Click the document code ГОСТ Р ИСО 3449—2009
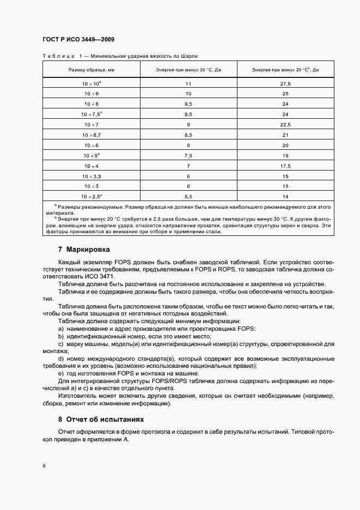[x=78, y=40]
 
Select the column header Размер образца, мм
[x=91, y=70]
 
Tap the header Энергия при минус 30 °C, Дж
[x=188, y=70]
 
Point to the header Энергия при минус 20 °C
[x=285, y=70]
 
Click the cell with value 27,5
[x=285, y=84]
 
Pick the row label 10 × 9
[x=91, y=94]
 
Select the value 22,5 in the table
[x=285, y=125]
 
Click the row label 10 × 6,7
[x=91, y=135]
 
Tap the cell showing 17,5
[x=285, y=166]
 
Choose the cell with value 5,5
[x=188, y=196]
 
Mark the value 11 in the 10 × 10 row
[x=188, y=84]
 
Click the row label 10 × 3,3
[x=91, y=176]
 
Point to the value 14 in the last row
[x=285, y=196]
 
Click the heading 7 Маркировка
[x=84, y=250]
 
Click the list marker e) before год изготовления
[x=61, y=374]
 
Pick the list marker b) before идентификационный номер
[x=61, y=337]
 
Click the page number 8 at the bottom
[x=44, y=466]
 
